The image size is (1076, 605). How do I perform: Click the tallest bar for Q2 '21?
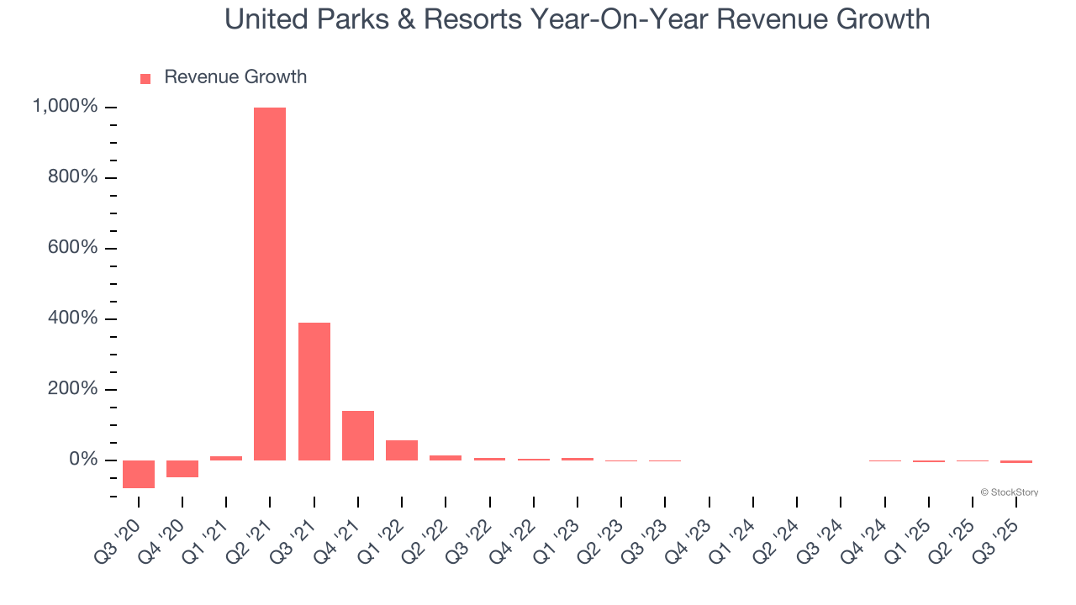pyautogui.click(x=270, y=284)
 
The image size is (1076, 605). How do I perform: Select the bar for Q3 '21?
pyautogui.click(x=314, y=392)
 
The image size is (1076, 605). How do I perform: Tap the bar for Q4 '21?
pyautogui.click(x=358, y=435)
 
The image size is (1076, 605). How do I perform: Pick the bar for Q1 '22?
pyautogui.click(x=402, y=450)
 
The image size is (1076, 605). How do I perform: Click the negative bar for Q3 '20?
pyautogui.click(x=139, y=474)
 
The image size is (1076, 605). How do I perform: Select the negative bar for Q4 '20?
pyautogui.click(x=182, y=469)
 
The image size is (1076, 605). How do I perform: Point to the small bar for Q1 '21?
pyautogui.click(x=226, y=458)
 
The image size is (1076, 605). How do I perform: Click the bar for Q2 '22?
pyautogui.click(x=446, y=458)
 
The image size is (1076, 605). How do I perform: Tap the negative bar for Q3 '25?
pyautogui.click(x=1016, y=461)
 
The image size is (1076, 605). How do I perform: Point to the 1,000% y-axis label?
pyautogui.click(x=65, y=107)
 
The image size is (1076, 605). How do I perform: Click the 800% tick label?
pyautogui.click(x=74, y=177)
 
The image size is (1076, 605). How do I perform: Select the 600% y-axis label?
pyautogui.click(x=74, y=248)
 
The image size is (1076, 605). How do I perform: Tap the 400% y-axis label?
pyautogui.click(x=74, y=318)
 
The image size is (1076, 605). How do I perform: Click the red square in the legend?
pyautogui.click(x=145, y=78)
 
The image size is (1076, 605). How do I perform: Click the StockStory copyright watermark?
pyautogui.click(x=1009, y=492)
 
